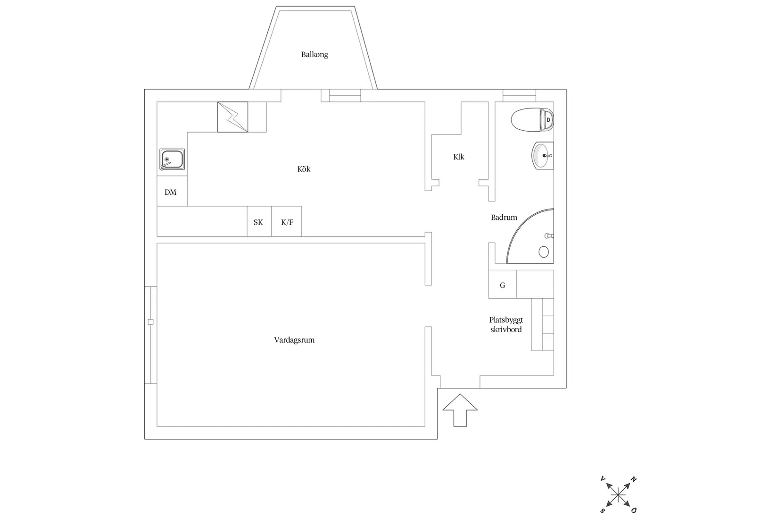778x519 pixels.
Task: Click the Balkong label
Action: point(315,55)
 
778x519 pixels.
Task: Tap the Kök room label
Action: point(304,169)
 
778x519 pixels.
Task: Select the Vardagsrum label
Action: point(294,340)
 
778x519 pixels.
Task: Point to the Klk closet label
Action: point(458,157)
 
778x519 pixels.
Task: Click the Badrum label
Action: point(504,218)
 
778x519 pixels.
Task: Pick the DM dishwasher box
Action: point(172,191)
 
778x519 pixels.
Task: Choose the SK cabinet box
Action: point(259,221)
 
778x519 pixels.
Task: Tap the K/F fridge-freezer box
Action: point(287,221)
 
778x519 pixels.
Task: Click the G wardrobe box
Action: point(503,285)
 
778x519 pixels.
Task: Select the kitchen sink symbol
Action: point(172,159)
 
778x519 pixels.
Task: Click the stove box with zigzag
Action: point(233,117)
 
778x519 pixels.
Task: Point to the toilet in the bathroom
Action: point(532,120)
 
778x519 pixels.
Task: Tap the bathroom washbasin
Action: point(543,155)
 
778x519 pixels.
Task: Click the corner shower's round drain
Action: point(544,251)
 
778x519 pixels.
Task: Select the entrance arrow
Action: point(460,410)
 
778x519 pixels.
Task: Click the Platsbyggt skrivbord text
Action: point(506,325)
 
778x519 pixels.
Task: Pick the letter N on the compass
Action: point(634,479)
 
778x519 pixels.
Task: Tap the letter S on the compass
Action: point(603,511)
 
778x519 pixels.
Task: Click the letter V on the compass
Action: point(603,479)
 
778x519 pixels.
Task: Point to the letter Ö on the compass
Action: point(634,511)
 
